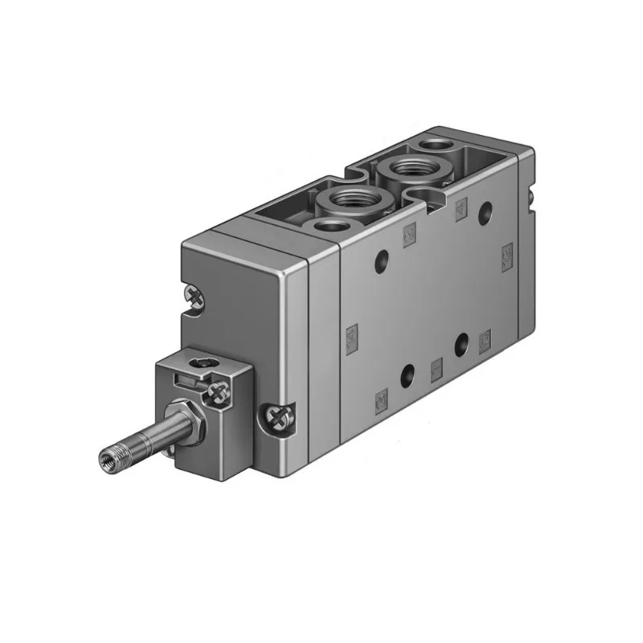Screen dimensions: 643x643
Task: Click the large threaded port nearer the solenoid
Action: tap(346, 200)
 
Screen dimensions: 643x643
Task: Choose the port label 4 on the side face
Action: tap(460, 208)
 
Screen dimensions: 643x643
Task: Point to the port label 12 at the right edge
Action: tap(506, 255)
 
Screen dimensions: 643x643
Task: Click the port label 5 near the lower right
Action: tap(485, 341)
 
